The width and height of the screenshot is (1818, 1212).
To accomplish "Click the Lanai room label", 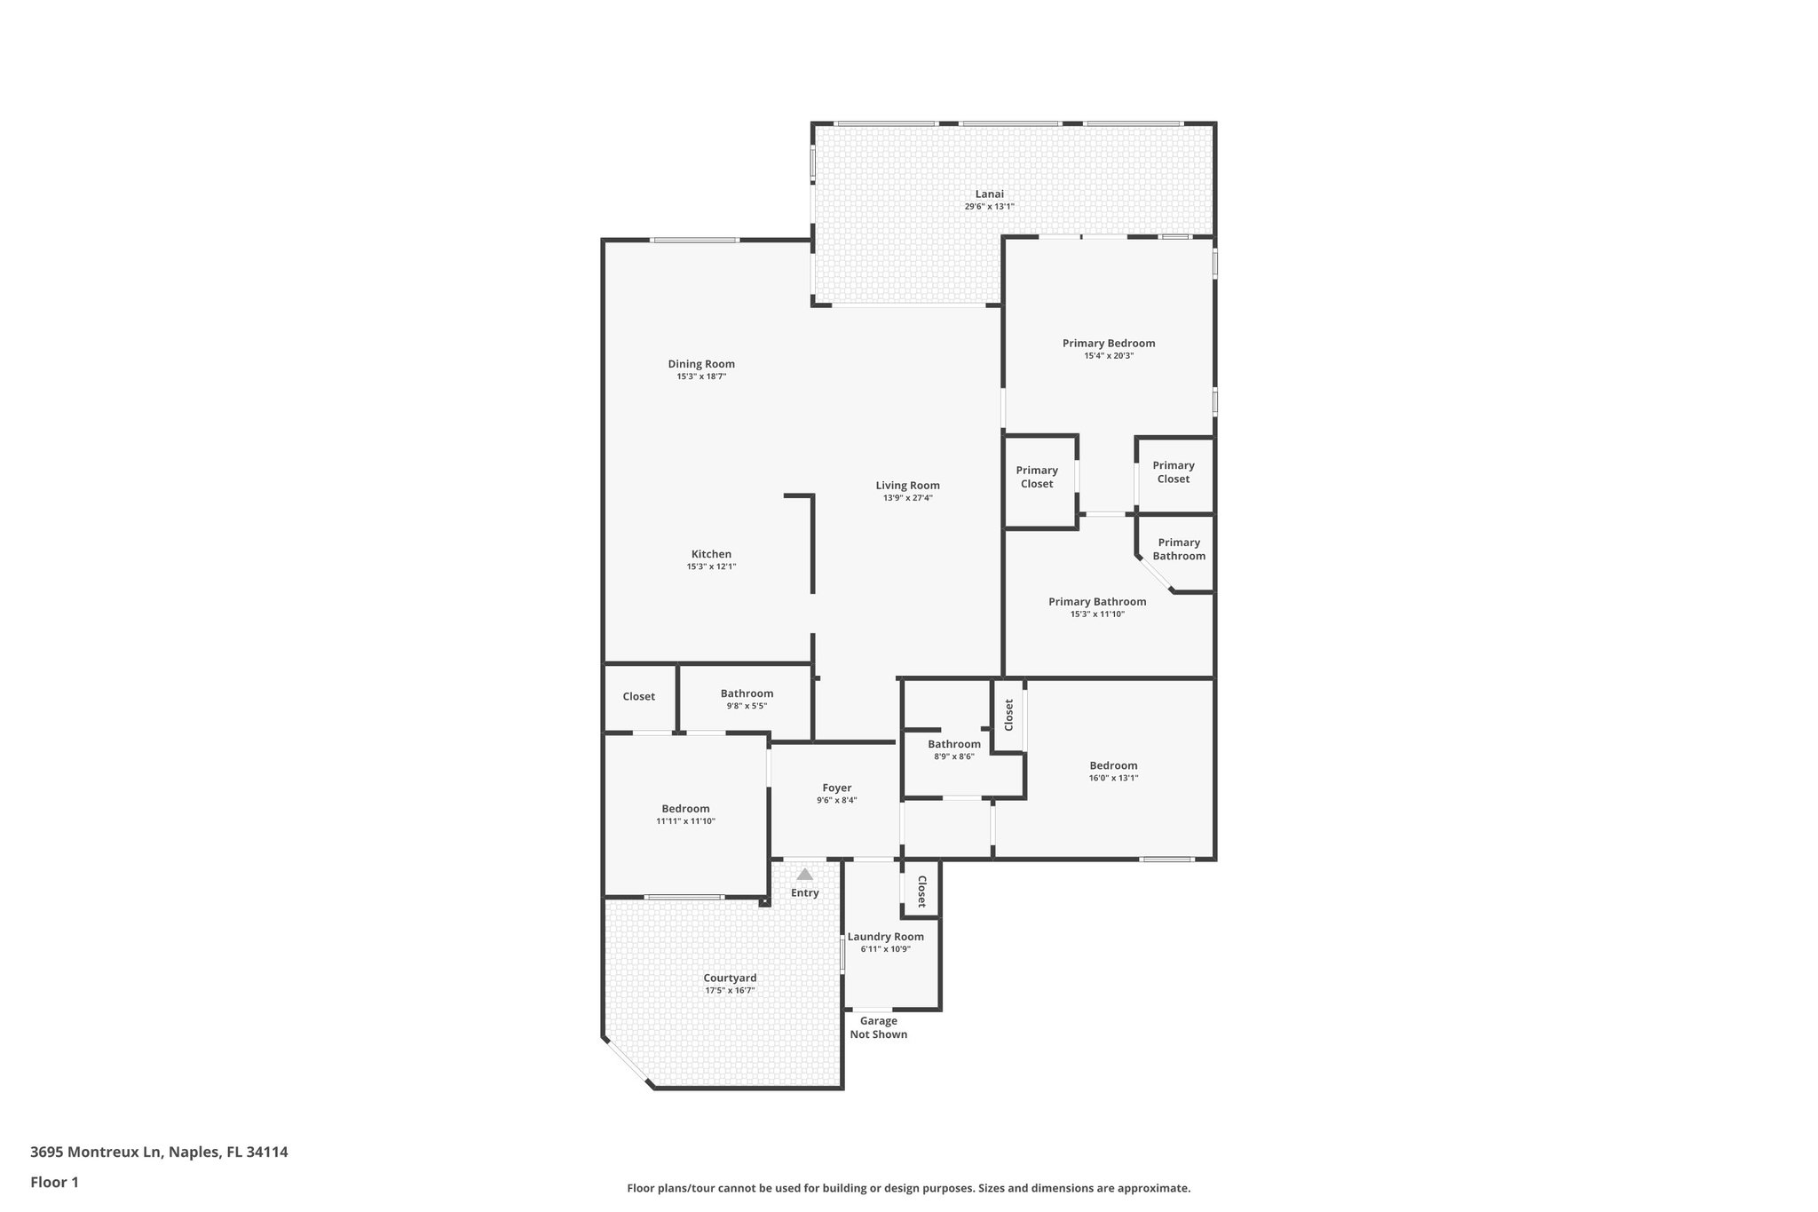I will point(989,194).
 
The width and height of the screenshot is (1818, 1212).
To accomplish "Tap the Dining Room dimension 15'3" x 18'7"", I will point(701,376).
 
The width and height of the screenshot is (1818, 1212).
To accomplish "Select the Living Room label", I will point(907,486).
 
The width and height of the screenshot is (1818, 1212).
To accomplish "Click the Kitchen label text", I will point(711,554).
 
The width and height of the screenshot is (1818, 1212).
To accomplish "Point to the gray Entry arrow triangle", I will point(804,875).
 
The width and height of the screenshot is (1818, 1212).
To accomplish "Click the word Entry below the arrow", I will point(804,893).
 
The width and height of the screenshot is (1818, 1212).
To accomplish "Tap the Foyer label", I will point(836,788).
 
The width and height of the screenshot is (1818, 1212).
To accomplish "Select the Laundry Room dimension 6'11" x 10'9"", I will point(885,949).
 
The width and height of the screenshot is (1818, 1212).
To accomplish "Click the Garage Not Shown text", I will point(878,1027).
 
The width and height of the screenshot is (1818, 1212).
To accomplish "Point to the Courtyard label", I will point(730,978).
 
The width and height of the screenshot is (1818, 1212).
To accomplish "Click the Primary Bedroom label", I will point(1109,343).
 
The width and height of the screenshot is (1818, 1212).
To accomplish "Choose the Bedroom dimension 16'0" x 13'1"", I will point(1113,778).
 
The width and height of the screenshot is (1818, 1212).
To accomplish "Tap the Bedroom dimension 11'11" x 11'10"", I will point(685,821).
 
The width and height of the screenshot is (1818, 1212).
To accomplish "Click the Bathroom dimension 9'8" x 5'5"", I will point(747,706).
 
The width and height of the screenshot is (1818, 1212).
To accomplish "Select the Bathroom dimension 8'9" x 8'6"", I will point(953,757).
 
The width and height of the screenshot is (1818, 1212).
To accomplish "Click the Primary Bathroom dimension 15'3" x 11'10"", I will point(1097,614).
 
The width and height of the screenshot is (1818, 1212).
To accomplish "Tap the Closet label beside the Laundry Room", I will point(921,891).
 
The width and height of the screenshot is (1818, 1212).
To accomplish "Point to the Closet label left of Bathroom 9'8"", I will point(638,696).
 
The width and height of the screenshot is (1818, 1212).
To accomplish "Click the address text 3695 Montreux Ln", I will point(96,1152).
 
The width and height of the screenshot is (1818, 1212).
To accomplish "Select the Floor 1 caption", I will point(54,1182).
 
